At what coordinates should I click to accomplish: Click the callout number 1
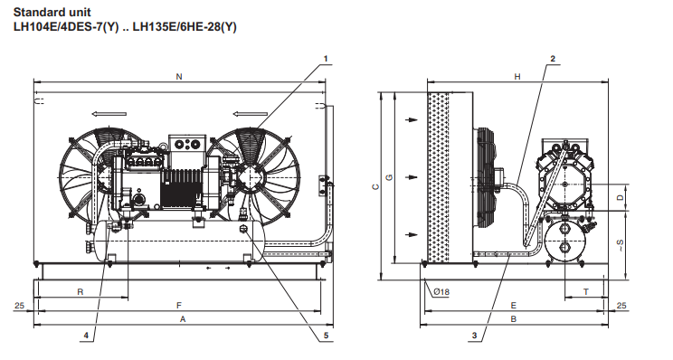click(x=326, y=59)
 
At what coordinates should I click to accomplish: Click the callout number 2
click(x=553, y=59)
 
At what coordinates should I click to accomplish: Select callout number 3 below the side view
click(x=474, y=336)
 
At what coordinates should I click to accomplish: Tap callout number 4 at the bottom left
click(x=86, y=336)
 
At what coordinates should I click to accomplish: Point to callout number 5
click(x=326, y=336)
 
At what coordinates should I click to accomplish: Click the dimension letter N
click(x=179, y=77)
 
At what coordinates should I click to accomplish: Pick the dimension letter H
click(x=517, y=77)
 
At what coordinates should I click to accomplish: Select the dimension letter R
click(x=81, y=292)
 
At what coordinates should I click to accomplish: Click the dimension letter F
click(x=179, y=306)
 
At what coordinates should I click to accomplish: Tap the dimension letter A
click(x=183, y=319)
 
